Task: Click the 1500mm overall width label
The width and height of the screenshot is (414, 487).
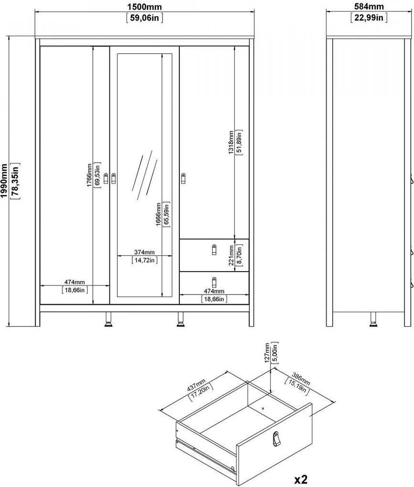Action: [143, 7]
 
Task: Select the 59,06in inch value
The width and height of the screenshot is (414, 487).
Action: [143, 18]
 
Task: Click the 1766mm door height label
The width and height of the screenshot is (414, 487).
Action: [89, 176]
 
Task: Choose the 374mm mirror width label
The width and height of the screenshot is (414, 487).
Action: [143, 252]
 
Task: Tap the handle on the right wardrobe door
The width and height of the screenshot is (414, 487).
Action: [184, 178]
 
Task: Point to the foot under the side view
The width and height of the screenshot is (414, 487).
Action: [373, 322]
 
